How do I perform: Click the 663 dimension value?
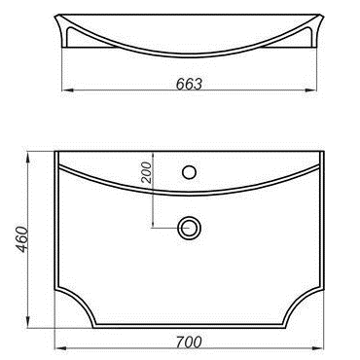pos(189,84)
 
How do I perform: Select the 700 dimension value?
pos(189,342)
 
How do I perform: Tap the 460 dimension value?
pos(22,239)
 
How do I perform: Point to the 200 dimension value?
pos(147,172)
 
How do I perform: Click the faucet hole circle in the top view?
pos(189,172)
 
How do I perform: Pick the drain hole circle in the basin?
pos(189,228)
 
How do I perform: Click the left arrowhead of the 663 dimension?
pos(67,90)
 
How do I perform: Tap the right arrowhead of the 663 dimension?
pos(310,90)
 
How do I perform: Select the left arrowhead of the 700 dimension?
pos(60,348)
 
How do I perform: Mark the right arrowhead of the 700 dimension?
pos(319,348)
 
